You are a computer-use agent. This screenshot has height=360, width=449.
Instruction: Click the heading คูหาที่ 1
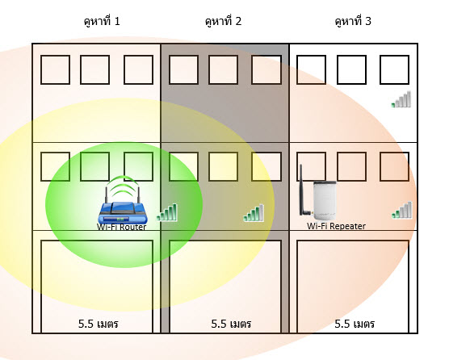click(x=102, y=21)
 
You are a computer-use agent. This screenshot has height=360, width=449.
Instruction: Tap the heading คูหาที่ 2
click(x=224, y=21)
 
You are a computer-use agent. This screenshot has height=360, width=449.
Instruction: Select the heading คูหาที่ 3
click(x=353, y=21)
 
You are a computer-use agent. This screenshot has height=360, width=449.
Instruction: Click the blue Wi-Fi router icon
click(x=123, y=211)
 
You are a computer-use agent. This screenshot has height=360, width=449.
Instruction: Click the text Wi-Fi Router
click(x=122, y=227)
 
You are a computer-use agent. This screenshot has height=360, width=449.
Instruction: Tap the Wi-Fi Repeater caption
click(x=336, y=226)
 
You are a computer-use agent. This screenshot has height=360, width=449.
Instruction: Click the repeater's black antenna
click(x=302, y=190)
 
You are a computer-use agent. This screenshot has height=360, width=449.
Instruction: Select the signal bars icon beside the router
click(x=167, y=212)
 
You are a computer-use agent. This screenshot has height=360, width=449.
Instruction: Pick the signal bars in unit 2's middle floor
click(x=254, y=213)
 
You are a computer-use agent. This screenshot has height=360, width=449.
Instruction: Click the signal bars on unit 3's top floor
click(x=401, y=99)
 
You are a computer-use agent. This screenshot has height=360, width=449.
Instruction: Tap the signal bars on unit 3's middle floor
click(x=402, y=210)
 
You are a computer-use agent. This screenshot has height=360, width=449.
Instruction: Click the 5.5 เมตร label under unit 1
click(x=99, y=324)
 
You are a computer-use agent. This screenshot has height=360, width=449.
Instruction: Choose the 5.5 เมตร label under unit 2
click(x=231, y=324)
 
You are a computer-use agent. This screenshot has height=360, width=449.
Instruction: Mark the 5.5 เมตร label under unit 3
click(x=355, y=324)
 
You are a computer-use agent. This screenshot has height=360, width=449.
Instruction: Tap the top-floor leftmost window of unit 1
click(x=55, y=70)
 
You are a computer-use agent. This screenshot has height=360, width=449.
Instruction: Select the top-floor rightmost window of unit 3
click(x=394, y=70)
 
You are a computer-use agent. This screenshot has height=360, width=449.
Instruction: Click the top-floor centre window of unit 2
click(x=224, y=70)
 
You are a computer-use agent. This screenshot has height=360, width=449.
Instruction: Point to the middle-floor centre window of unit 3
click(x=351, y=166)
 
